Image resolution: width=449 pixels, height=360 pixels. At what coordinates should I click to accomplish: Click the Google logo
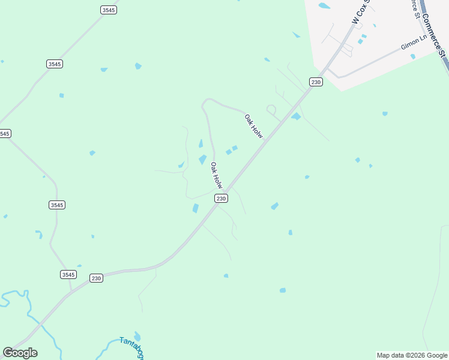point(20,353)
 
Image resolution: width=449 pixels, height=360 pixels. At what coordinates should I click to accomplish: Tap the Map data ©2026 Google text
point(412,355)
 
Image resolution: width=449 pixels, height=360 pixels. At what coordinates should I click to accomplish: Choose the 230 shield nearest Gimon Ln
point(316,82)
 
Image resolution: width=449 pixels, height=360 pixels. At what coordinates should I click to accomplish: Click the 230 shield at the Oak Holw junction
point(221,199)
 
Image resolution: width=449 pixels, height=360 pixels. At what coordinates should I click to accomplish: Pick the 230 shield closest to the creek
point(97,278)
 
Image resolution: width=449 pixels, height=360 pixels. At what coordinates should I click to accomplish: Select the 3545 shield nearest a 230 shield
point(68,274)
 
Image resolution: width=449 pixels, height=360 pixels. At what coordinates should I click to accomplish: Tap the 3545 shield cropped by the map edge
point(4,133)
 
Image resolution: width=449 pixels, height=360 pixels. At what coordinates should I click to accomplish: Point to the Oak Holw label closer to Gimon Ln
point(254,127)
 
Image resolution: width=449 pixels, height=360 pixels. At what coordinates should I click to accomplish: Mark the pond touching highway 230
point(296,116)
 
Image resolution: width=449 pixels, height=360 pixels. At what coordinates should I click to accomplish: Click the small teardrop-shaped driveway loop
point(271,110)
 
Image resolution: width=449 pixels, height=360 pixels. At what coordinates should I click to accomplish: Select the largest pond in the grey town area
point(324,6)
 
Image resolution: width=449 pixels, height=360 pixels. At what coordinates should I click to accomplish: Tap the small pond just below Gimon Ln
point(413,56)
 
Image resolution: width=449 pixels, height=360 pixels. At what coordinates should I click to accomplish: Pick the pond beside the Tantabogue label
point(137,336)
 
